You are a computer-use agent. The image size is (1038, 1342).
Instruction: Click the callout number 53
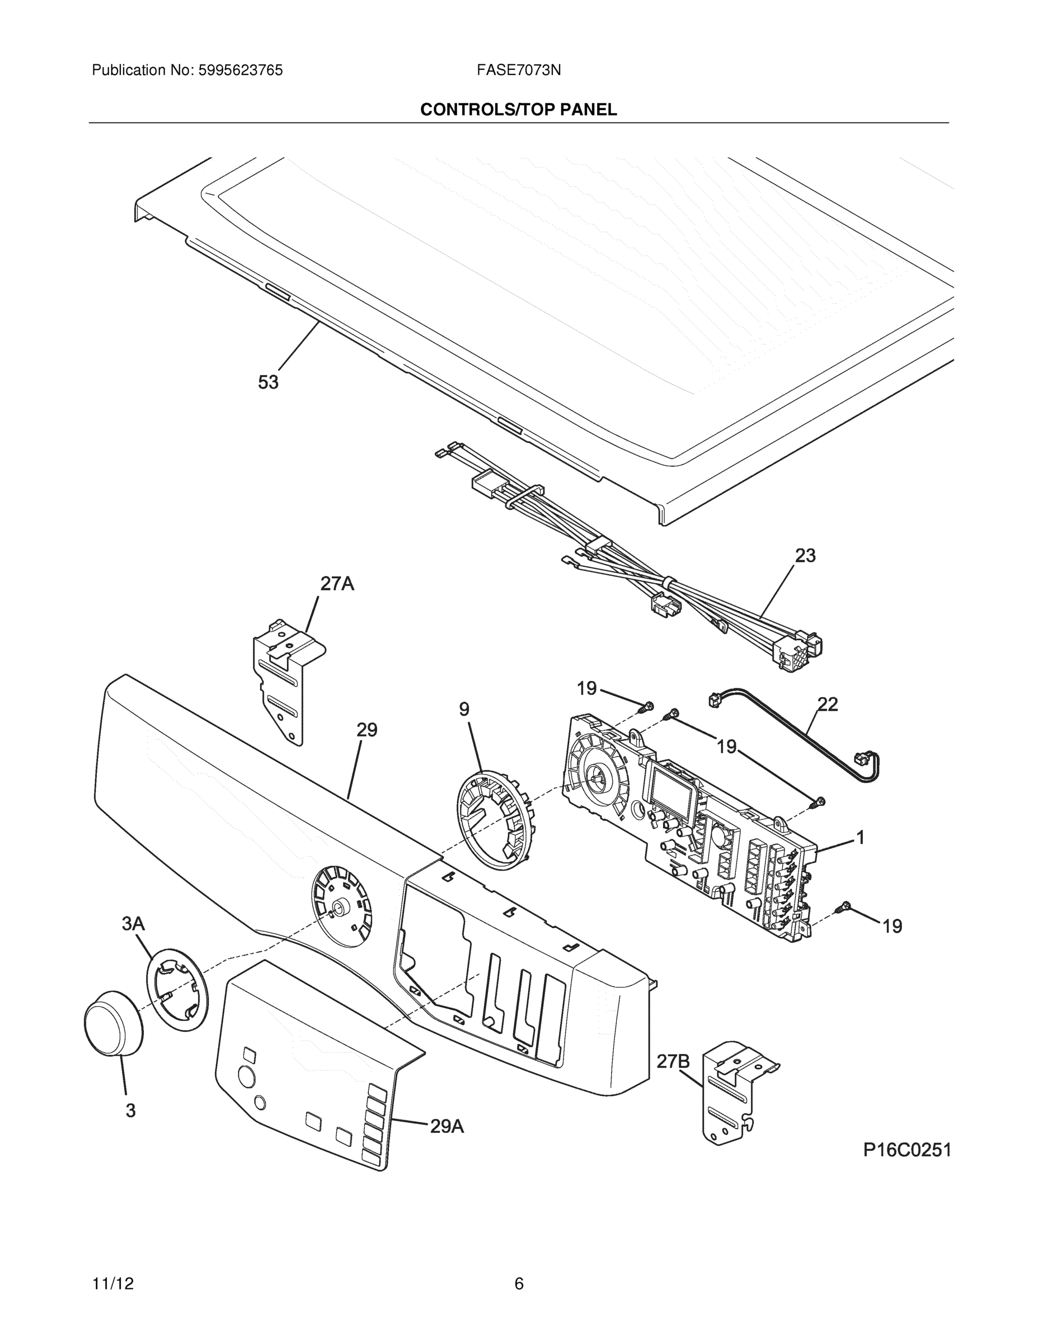pyautogui.click(x=268, y=382)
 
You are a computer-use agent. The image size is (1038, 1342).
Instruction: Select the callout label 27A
pyautogui.click(x=337, y=583)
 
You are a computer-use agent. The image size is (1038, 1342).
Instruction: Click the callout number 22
pyautogui.click(x=828, y=704)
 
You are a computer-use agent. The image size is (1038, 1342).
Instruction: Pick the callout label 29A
pyautogui.click(x=447, y=1126)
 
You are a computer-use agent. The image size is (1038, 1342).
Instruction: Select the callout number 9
pyautogui.click(x=464, y=710)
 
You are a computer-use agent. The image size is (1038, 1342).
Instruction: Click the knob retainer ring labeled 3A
pyautogui.click(x=176, y=989)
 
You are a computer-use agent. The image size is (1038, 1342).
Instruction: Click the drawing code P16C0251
pyautogui.click(x=907, y=1150)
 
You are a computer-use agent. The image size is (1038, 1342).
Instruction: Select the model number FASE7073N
pyautogui.click(x=518, y=70)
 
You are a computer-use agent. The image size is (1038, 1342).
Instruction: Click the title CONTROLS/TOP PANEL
pyautogui.click(x=518, y=110)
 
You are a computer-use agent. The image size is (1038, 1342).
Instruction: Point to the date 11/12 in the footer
pyautogui.click(x=113, y=1284)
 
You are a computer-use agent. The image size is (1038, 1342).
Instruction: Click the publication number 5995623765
pyautogui.click(x=241, y=70)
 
